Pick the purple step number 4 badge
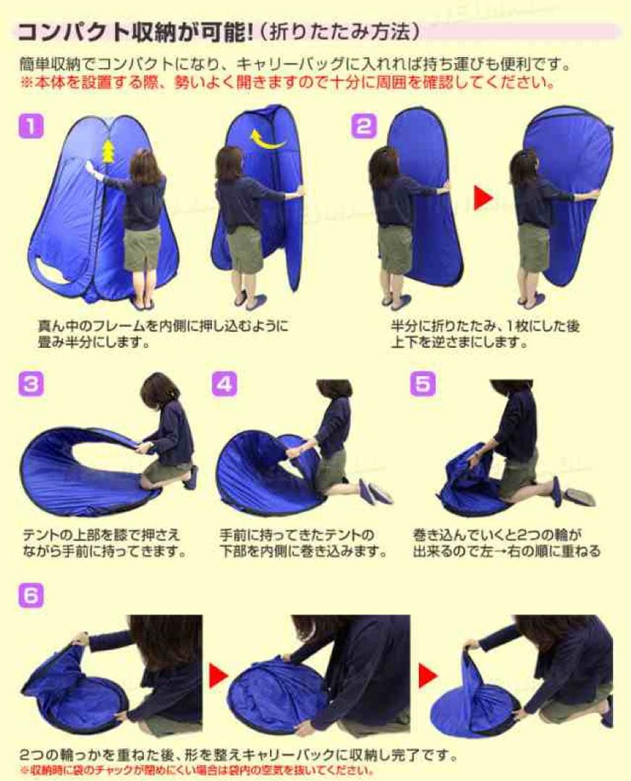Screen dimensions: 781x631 [x=224, y=384]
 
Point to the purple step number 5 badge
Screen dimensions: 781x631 [x=423, y=384]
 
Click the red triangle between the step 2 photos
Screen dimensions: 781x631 [x=483, y=198]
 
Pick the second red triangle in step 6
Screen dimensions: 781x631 [x=428, y=676]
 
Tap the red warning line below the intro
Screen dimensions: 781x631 [x=287, y=82]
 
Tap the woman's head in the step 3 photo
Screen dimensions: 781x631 [x=159, y=390]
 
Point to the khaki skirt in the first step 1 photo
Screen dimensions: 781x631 [x=142, y=248]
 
